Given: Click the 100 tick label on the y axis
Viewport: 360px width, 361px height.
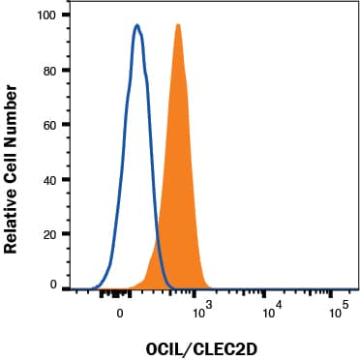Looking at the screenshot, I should click(45, 16).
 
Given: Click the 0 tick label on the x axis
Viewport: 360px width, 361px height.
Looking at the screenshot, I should click(120, 313).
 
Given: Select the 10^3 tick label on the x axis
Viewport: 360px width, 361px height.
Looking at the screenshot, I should click(202, 311).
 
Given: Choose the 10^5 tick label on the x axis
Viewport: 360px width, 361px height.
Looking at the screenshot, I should click(338, 311).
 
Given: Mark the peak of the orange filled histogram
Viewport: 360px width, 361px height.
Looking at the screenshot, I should click(178, 24).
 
